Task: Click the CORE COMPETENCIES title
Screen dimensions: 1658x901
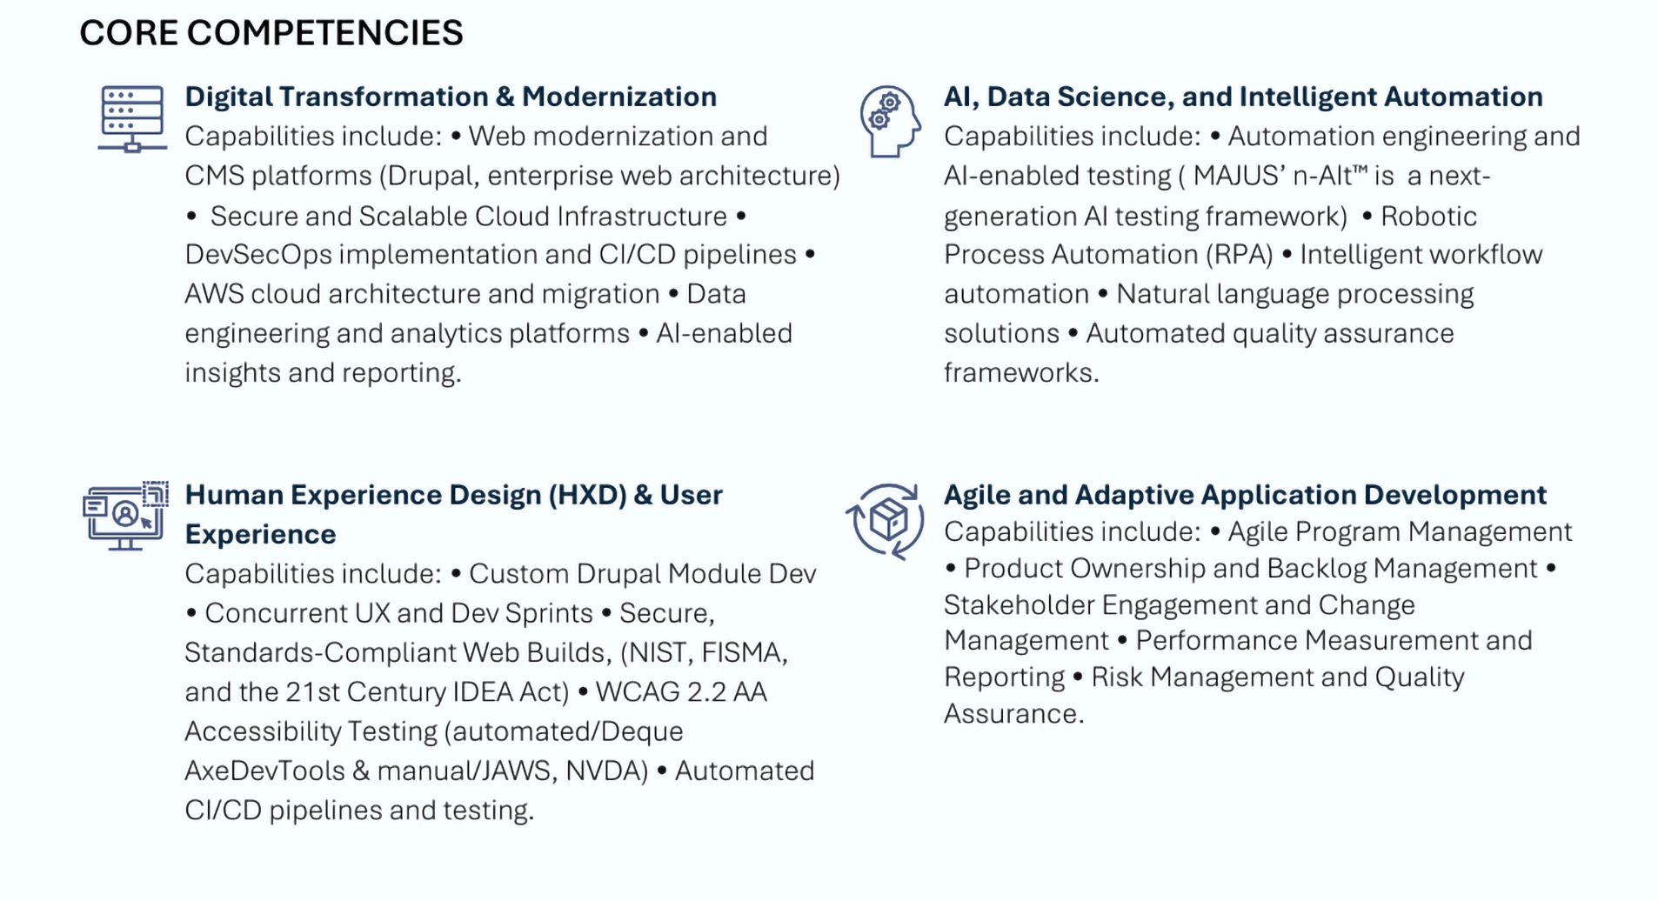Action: pyautogui.click(x=271, y=33)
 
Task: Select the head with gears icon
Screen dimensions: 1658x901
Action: pyautogui.click(x=889, y=122)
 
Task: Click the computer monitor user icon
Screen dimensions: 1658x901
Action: pyautogui.click(x=125, y=516)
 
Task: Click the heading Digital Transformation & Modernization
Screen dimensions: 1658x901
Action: pyautogui.click(x=451, y=97)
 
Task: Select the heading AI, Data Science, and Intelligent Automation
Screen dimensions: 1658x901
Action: pyautogui.click(x=1243, y=97)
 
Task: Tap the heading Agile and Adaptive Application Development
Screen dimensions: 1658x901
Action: pyautogui.click(x=1245, y=495)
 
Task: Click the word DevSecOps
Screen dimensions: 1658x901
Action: pyautogui.click(x=258, y=255)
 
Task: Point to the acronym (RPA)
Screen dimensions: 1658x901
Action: pyautogui.click(x=1239, y=255)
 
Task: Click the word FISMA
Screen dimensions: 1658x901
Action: pyautogui.click(x=744, y=652)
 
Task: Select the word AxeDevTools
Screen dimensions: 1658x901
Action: pyautogui.click(x=264, y=771)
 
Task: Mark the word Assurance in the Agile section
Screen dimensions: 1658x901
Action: pyautogui.click(x=1013, y=714)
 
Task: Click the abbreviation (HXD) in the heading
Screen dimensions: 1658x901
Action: pyautogui.click(x=587, y=495)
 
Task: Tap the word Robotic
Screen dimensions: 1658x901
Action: pyautogui.click(x=1428, y=216)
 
